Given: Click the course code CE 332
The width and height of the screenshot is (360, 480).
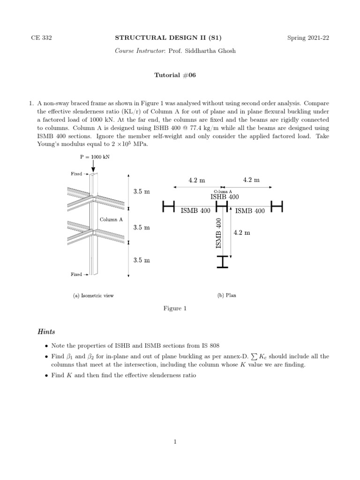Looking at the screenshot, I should [41, 38].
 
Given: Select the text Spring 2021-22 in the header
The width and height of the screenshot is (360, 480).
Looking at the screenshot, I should [308, 38].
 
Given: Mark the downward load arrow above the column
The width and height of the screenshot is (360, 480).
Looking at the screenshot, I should [93, 166].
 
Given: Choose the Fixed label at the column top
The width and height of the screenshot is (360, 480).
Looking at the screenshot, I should [76, 174].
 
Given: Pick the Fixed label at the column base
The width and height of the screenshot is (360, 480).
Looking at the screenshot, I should [76, 274].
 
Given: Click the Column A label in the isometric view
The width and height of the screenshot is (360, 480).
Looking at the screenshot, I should [112, 219].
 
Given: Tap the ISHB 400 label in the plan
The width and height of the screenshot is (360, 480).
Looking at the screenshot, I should [224, 197].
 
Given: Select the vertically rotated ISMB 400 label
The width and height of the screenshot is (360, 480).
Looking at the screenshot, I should [218, 233].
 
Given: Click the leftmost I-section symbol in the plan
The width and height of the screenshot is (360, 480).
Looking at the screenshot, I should [168, 206].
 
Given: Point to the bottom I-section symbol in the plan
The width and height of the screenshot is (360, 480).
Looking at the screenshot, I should [223, 262].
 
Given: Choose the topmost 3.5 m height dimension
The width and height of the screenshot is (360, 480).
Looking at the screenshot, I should [142, 192].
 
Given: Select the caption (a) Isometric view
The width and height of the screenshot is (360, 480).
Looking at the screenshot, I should [93, 295].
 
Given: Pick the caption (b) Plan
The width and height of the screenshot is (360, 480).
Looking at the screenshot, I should [226, 295].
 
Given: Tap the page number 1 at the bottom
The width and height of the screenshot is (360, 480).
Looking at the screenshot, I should [175, 441].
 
